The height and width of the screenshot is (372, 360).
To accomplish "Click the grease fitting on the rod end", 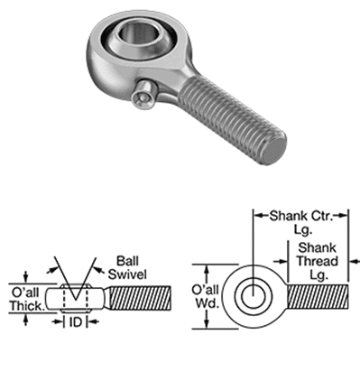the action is [x=144, y=95].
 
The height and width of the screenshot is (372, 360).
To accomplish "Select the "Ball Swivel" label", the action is [x=127, y=267].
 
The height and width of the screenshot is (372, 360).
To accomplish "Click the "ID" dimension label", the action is [x=76, y=322].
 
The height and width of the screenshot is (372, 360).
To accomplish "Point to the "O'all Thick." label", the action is [x=26, y=299].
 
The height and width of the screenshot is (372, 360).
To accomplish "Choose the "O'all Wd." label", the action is [x=205, y=296].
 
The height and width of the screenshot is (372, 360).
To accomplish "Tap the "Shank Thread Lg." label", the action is [x=318, y=261].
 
